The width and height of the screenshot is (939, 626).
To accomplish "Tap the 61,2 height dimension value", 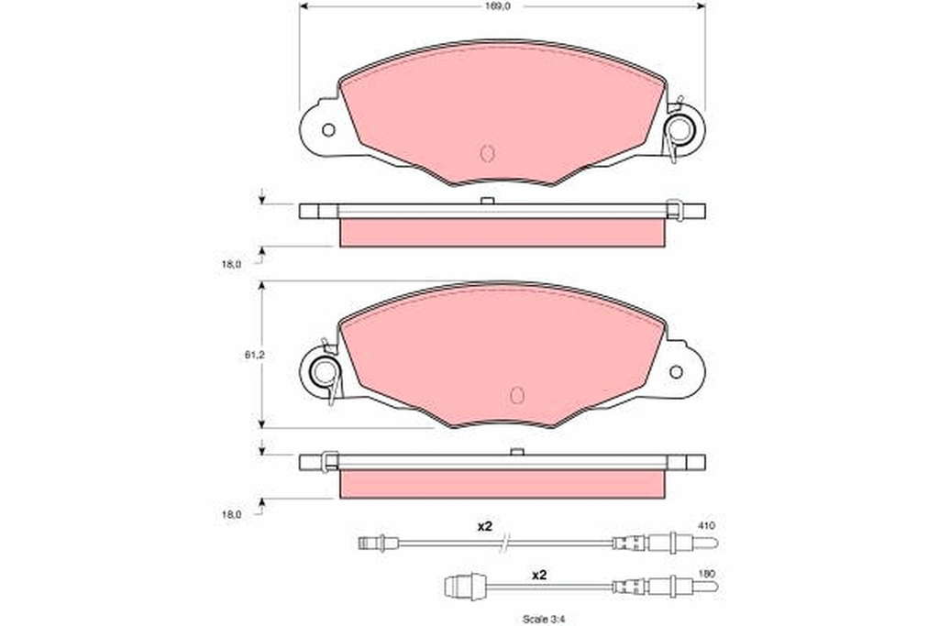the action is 255,355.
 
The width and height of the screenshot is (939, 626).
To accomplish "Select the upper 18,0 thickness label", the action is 231,263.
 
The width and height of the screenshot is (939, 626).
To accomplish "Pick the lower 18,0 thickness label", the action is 231,514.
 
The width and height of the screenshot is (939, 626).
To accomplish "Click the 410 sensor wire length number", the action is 707,525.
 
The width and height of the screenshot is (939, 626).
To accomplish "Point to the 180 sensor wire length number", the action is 707,574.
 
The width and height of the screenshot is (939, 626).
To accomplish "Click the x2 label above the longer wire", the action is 484,527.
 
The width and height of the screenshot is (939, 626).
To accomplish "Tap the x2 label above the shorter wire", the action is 539,575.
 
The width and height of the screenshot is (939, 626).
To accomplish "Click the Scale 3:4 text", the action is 543,620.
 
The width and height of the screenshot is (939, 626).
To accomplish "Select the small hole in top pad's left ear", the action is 328,129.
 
